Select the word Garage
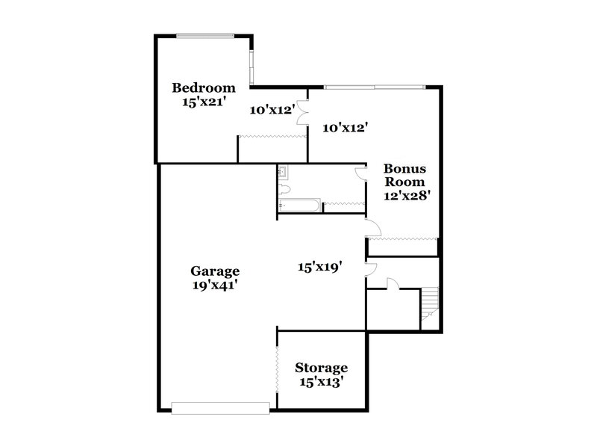click(214, 271)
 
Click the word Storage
click(321, 368)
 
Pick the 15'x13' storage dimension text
click(321, 383)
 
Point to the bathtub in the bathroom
click(299, 204)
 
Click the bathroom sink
click(283, 173)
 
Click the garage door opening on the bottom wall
click(219, 407)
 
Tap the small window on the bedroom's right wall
click(253, 67)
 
